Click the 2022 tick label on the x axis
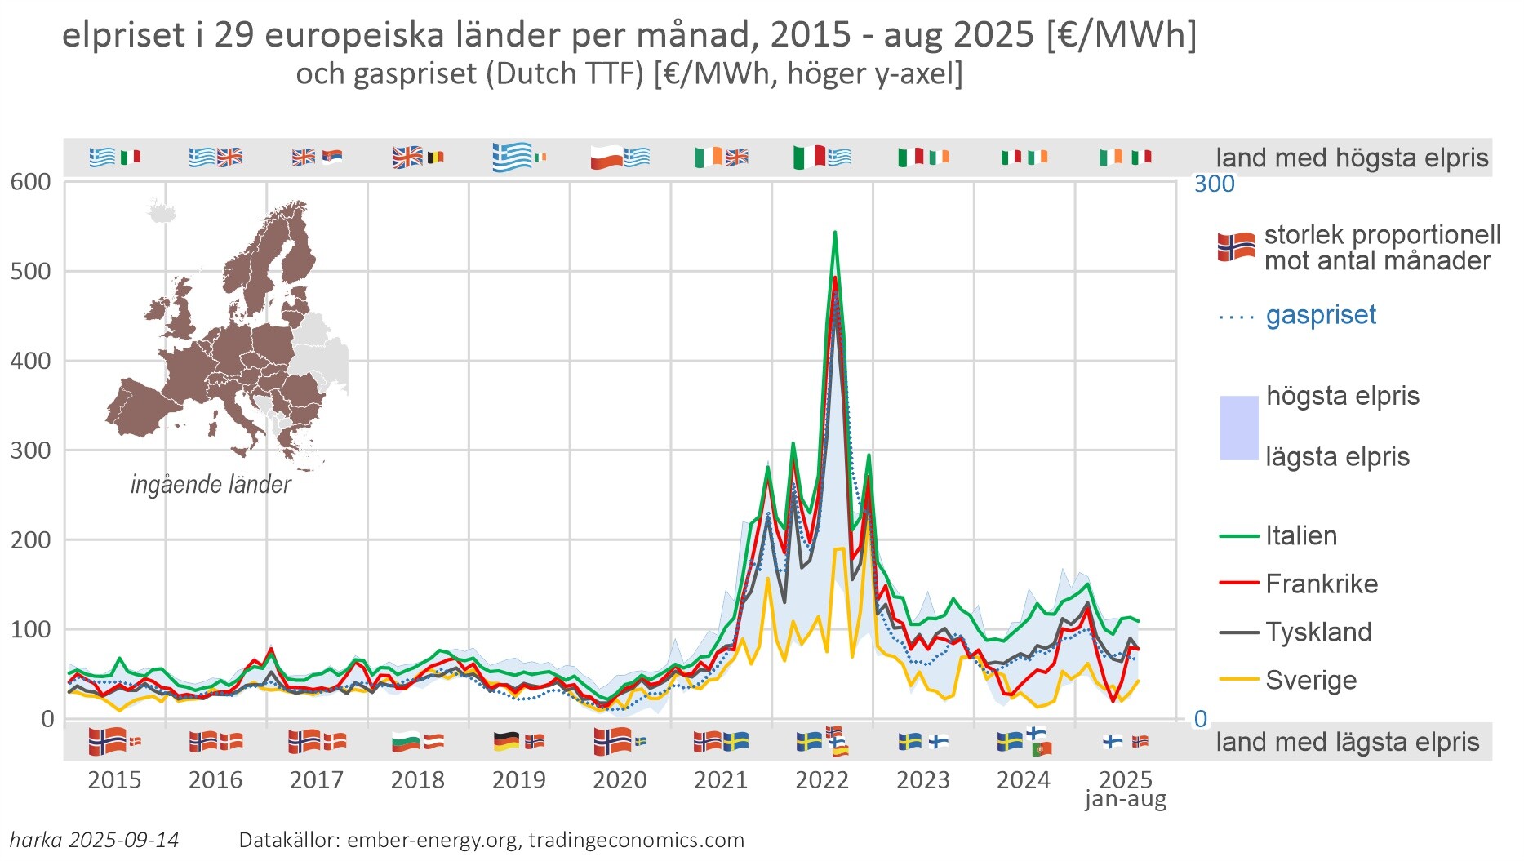pyautogui.click(x=821, y=780)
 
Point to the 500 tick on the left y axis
pyautogui.click(x=30, y=271)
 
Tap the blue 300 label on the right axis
pyautogui.click(x=1214, y=184)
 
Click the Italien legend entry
pyautogui.click(x=1300, y=536)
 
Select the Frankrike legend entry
pyautogui.click(x=1321, y=584)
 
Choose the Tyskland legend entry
pyautogui.click(x=1317, y=632)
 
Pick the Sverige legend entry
pyautogui.click(x=1310, y=681)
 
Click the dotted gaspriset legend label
pyautogui.click(x=1320, y=315)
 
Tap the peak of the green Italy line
pyautogui.click(x=834, y=233)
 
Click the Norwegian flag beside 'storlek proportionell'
pyautogui.click(x=1236, y=246)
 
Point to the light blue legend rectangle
pyautogui.click(x=1238, y=428)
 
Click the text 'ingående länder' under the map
pyautogui.click(x=211, y=485)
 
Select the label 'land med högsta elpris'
pyautogui.click(x=1352, y=158)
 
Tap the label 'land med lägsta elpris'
pyautogui.click(x=1347, y=742)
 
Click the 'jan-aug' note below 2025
pyautogui.click(x=1125, y=799)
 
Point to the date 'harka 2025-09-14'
pyautogui.click(x=94, y=840)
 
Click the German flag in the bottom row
pyautogui.click(x=506, y=742)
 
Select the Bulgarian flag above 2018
pyautogui.click(x=406, y=742)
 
